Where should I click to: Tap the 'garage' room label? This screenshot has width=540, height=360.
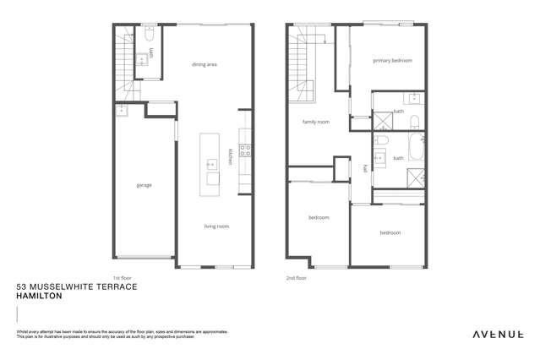(x=144, y=185)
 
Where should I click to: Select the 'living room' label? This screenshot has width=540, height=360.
(x=216, y=226)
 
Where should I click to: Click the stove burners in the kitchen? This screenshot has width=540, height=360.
(x=245, y=151)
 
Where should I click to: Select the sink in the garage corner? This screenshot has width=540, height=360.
(x=121, y=109)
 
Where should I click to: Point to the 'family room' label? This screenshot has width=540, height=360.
(x=316, y=122)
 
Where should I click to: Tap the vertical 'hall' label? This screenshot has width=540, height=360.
(x=365, y=167)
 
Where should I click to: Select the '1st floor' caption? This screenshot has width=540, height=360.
(x=123, y=277)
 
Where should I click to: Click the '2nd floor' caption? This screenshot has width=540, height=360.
(x=297, y=277)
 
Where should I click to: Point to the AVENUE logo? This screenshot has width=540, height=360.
(x=497, y=335)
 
